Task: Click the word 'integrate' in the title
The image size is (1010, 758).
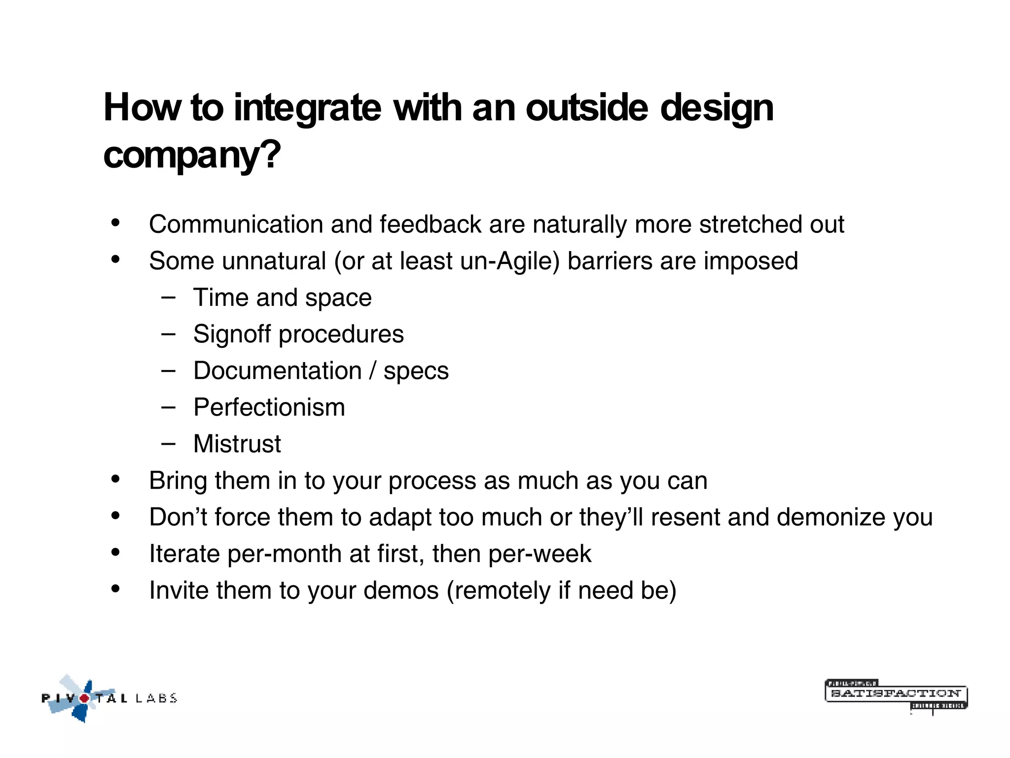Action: tap(307, 109)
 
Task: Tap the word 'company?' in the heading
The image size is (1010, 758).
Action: tap(192, 155)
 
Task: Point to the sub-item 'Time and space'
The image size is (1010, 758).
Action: tap(282, 298)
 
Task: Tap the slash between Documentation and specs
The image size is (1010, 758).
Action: tap(373, 371)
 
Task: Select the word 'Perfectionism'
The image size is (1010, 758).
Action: tap(269, 408)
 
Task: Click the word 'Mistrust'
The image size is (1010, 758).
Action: tap(237, 444)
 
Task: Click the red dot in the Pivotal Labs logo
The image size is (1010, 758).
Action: tap(85, 698)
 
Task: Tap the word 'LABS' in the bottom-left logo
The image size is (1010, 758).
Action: tap(156, 698)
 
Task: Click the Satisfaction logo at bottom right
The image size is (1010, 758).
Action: tap(896, 695)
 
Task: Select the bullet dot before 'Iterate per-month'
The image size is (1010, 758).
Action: tap(115, 552)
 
